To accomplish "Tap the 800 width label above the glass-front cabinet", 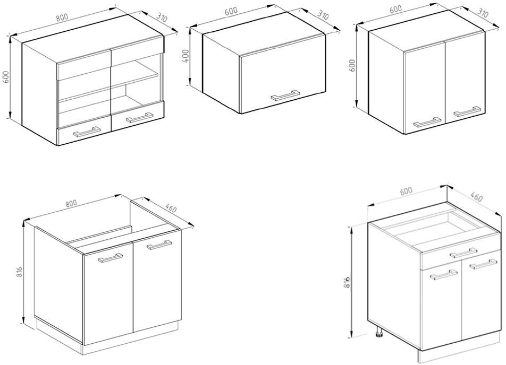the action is tap(62, 18).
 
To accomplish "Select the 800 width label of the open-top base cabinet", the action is tap(71, 204).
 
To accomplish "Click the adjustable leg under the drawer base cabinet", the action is tap(379, 333).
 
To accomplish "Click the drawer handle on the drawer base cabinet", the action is tap(463, 253).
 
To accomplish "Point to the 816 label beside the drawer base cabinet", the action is tap(347, 283).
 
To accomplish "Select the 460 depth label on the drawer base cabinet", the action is tap(476, 196).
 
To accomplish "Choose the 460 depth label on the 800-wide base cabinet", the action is tap(170, 208).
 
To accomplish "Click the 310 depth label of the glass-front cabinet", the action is tap(162, 18).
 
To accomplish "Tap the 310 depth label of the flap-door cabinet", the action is tap(323, 14).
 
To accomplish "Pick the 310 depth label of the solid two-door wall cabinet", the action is tap(483, 13).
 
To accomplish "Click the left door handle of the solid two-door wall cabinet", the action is tap(427, 122).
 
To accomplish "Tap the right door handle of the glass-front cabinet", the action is tap(139, 118).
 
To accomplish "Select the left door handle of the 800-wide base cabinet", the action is tap(111, 258).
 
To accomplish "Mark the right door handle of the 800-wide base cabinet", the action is tap(159, 245).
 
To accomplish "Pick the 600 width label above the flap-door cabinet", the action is tap(231, 11).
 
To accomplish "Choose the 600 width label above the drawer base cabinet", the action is tap(406, 190).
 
